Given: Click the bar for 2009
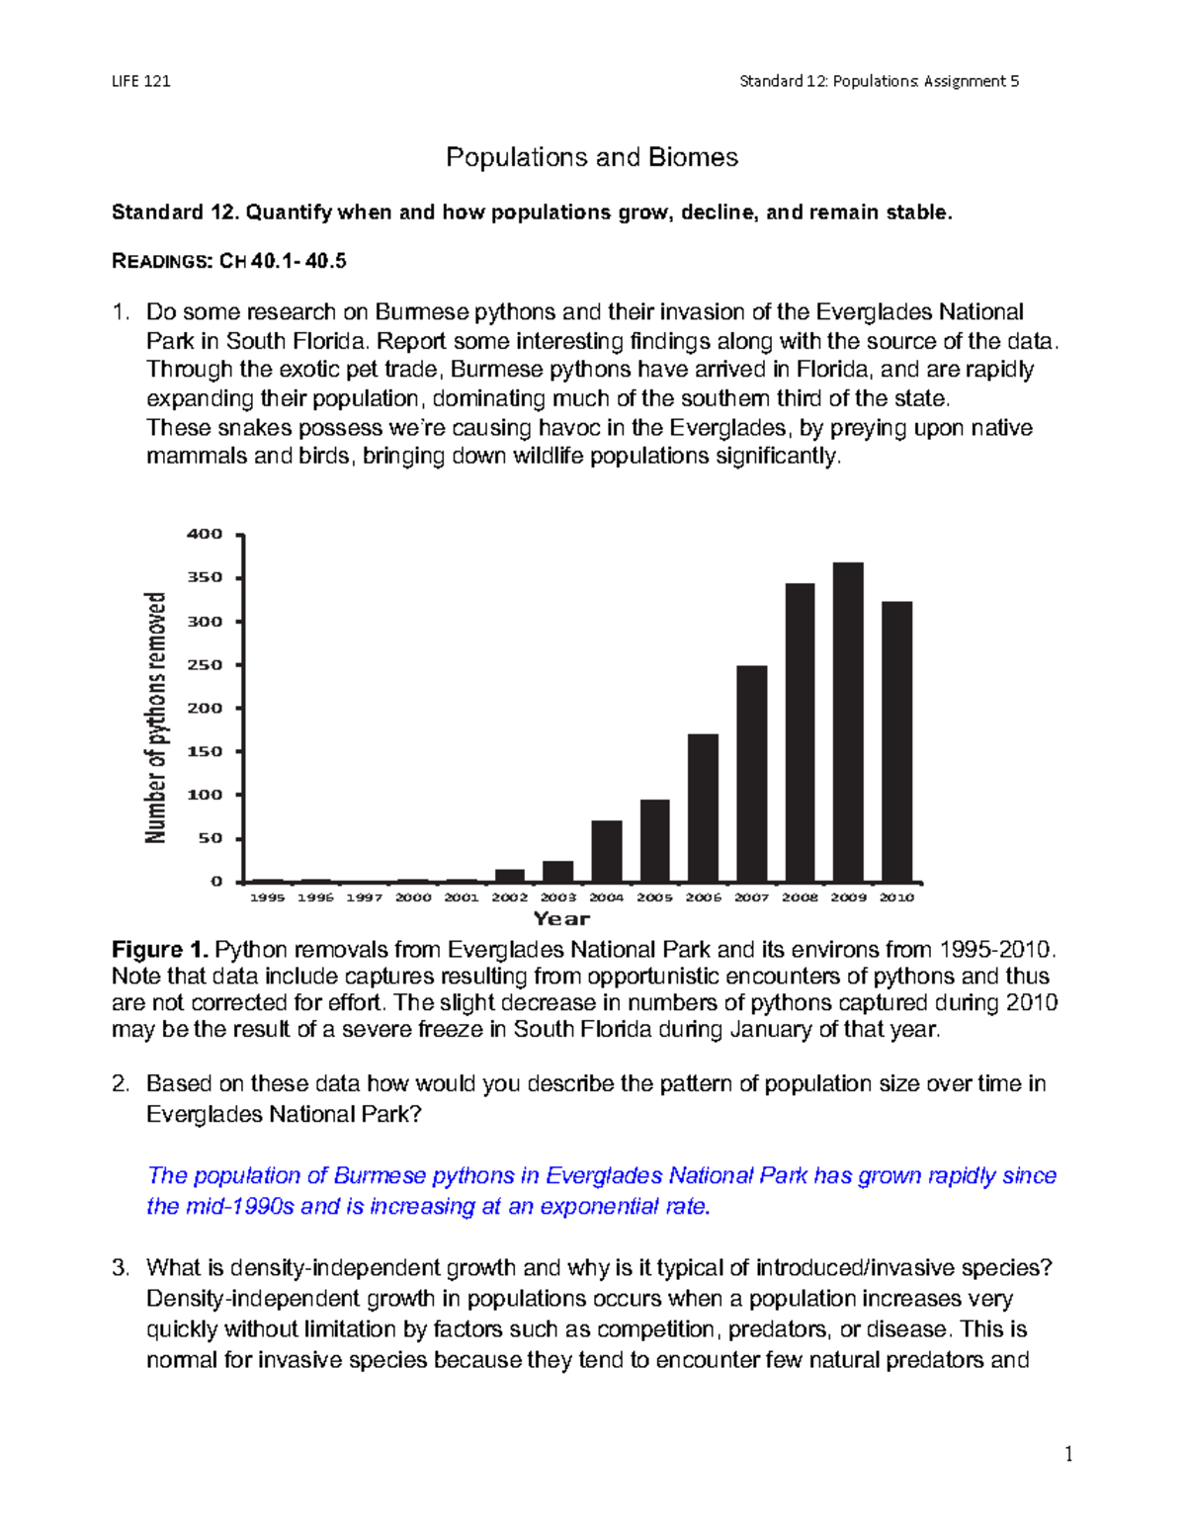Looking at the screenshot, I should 848,723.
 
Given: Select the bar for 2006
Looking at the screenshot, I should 703,808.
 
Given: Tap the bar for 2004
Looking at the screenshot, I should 607,851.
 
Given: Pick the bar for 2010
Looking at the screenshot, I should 896,741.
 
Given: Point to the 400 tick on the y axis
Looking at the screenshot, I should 205,535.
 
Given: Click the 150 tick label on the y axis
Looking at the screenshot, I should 205,751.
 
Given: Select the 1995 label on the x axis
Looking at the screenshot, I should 267,897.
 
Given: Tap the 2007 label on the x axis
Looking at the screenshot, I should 751,897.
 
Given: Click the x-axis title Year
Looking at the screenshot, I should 561,919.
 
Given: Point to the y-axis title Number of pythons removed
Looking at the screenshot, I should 156,718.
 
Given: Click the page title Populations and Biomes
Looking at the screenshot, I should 592,157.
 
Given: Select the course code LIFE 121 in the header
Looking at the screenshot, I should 141,81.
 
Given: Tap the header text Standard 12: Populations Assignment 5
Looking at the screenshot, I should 879,81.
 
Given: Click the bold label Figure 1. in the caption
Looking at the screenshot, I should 160,951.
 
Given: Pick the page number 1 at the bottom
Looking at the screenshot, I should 1068,1454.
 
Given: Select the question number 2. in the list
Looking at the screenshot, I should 121,1084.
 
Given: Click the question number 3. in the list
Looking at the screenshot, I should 121,1268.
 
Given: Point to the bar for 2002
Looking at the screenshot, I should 510,876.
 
